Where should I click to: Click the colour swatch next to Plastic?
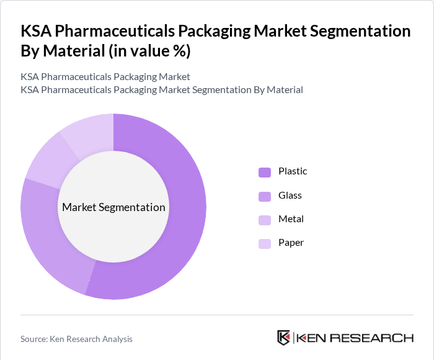265,172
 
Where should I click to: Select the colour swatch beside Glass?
265,196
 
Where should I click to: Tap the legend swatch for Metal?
265,220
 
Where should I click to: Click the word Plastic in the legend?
293,171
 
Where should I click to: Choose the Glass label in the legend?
290,196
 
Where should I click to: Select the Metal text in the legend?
291,219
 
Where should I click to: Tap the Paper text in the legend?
291,243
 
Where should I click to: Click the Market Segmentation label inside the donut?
113,207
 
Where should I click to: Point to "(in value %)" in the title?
149,51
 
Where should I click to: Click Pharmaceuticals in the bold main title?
118,31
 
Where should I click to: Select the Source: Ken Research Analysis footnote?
76,339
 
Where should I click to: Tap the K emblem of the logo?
283,338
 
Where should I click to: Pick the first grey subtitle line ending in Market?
105,77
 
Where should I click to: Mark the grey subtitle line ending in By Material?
161,90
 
